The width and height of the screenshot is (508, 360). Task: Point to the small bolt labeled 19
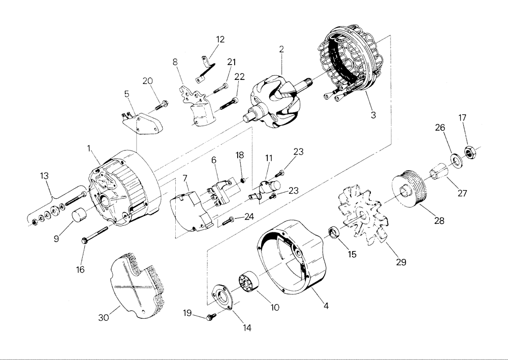tap(210, 317)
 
